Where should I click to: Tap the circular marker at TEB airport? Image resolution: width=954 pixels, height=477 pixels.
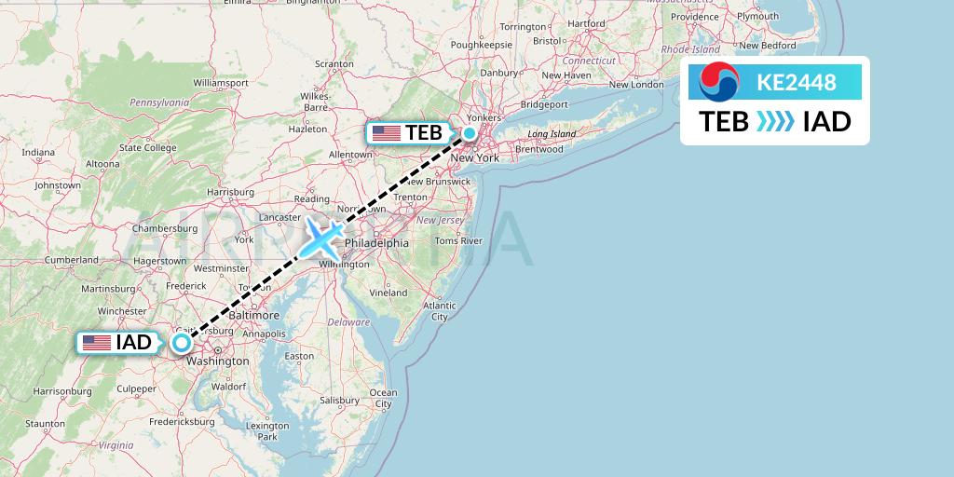pyautogui.click(x=470, y=133)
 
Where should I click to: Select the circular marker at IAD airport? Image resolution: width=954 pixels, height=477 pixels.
pyautogui.click(x=181, y=342)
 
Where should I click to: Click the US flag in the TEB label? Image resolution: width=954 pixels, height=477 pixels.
pyautogui.click(x=386, y=133)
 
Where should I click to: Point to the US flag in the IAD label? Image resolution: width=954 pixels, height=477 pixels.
pyautogui.click(x=96, y=343)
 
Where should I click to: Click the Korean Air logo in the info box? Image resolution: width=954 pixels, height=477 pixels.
pyautogui.click(x=718, y=82)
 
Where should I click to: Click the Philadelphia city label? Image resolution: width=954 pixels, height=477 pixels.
pyautogui.click(x=376, y=243)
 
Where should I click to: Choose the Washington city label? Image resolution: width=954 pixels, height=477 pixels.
pyautogui.click(x=217, y=361)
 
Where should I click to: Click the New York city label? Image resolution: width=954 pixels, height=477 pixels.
pyautogui.click(x=474, y=157)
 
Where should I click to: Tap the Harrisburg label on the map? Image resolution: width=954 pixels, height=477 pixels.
pyautogui.click(x=230, y=192)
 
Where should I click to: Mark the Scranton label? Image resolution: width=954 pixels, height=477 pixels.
pyautogui.click(x=334, y=63)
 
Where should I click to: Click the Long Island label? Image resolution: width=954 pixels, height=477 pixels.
pyautogui.click(x=551, y=134)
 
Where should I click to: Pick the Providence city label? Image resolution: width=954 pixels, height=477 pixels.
pyautogui.click(x=693, y=17)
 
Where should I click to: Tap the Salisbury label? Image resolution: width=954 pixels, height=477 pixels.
pyautogui.click(x=339, y=400)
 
